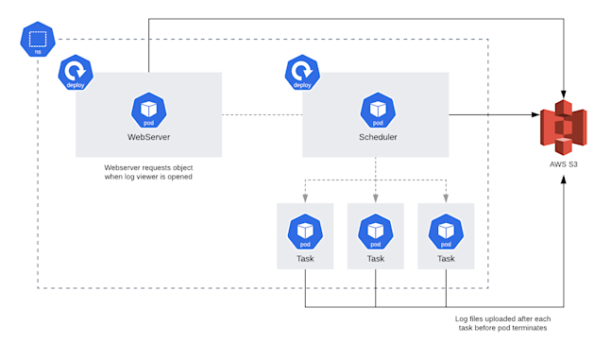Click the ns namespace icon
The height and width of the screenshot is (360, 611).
click(x=38, y=41)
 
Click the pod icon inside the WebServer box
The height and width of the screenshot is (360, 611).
click(x=148, y=110)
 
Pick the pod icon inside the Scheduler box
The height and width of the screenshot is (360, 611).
click(x=378, y=110)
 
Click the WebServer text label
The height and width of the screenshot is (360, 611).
click(x=148, y=138)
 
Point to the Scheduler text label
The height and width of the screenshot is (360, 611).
click(x=378, y=138)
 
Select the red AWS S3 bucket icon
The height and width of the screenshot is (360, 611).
click(x=564, y=127)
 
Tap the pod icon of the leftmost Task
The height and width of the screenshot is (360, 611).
click(x=305, y=231)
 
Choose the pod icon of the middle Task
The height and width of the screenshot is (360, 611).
click(x=376, y=231)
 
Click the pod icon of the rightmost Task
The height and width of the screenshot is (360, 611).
click(x=446, y=231)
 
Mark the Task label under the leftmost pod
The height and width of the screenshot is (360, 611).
click(x=305, y=258)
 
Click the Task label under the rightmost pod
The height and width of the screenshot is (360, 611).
click(x=446, y=258)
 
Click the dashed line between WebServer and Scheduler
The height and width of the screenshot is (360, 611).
click(x=262, y=115)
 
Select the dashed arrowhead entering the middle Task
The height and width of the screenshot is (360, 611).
click(x=376, y=198)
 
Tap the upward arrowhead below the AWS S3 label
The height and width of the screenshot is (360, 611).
click(x=564, y=179)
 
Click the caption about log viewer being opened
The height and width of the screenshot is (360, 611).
click(x=148, y=172)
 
